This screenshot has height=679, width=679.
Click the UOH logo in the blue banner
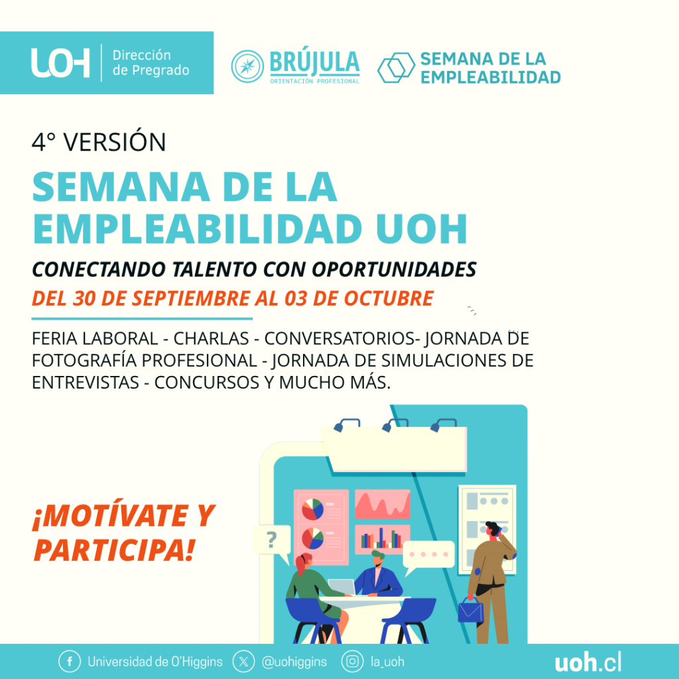click(x=60, y=63)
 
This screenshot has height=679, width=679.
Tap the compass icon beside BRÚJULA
click(x=247, y=66)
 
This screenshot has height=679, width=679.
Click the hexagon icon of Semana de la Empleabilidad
click(x=396, y=68)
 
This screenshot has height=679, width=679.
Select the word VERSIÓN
click(x=115, y=142)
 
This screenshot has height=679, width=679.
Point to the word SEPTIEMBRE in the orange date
click(x=191, y=298)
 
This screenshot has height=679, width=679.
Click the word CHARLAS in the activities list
click(x=211, y=339)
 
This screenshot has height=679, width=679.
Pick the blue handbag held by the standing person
click(x=471, y=611)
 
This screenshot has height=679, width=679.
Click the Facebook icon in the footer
click(x=70, y=662)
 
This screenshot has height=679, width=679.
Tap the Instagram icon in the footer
click(x=352, y=662)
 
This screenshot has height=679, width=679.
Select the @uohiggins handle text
click(x=294, y=662)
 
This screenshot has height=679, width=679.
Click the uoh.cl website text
click(x=588, y=662)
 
